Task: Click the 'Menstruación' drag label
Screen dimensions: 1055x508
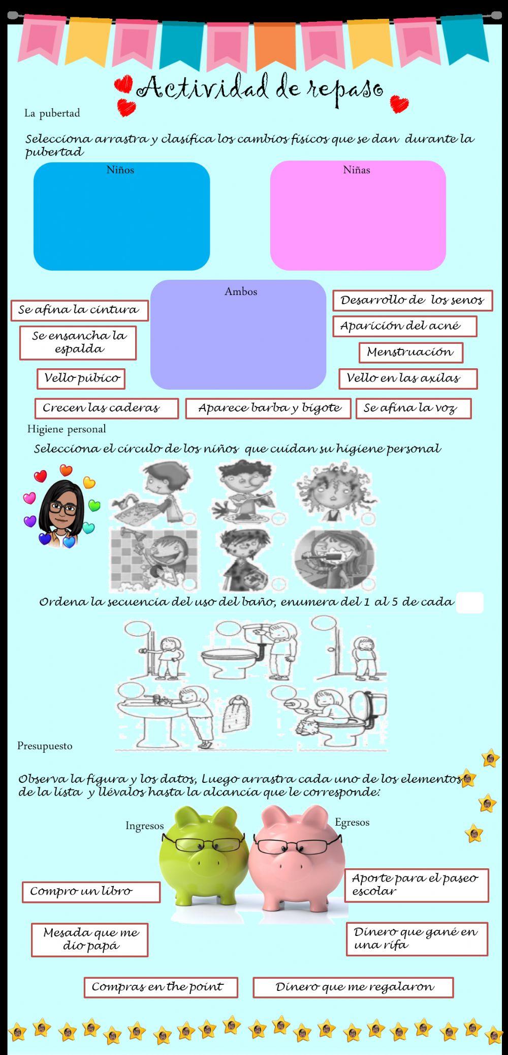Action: click(x=410, y=352)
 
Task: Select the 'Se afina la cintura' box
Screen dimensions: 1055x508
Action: click(x=79, y=310)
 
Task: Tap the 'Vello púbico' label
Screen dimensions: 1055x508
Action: click(x=81, y=378)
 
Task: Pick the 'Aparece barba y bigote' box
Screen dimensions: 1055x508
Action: click(x=268, y=408)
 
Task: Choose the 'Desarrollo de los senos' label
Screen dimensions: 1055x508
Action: click(x=412, y=300)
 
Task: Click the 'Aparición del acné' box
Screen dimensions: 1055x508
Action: click(x=404, y=326)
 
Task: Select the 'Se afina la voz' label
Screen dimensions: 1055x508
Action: click(x=413, y=408)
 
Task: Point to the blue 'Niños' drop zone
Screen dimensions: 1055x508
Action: click(x=121, y=219)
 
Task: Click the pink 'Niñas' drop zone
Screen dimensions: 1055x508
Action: click(x=358, y=219)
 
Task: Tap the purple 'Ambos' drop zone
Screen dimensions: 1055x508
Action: click(x=238, y=338)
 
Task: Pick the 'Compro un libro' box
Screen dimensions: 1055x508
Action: click(x=91, y=892)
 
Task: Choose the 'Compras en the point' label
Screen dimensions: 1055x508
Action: click(x=161, y=987)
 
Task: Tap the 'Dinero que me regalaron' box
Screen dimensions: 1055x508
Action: click(x=353, y=987)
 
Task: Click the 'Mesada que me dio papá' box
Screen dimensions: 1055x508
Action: click(x=89, y=940)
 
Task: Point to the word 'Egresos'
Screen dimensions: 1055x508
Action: click(x=352, y=822)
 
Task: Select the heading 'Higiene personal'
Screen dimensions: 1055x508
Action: click(x=67, y=429)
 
